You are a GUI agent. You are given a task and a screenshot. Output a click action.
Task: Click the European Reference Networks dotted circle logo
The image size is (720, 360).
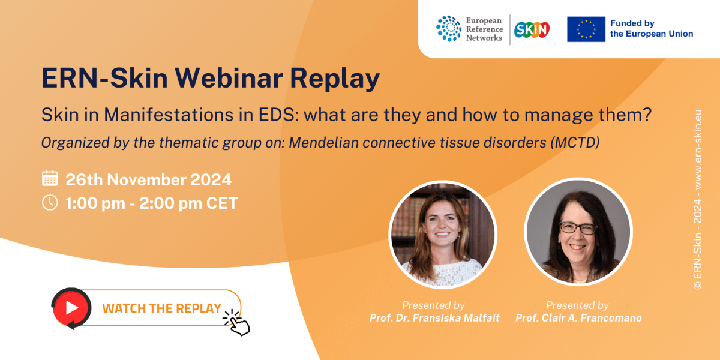point(449,29)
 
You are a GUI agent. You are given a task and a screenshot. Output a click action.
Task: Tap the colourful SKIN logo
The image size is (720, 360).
point(532,29)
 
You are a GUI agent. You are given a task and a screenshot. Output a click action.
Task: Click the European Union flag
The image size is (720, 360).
point(586,29)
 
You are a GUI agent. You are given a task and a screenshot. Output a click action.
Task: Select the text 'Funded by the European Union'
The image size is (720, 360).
point(651,29)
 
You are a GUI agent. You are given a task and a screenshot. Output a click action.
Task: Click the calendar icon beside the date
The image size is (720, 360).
point(50,179)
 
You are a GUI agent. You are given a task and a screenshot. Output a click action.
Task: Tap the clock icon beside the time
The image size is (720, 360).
point(50,203)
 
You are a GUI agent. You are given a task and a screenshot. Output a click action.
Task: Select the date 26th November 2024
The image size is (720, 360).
point(148,179)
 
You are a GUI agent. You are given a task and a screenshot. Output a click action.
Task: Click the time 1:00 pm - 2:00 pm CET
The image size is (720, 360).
point(152,203)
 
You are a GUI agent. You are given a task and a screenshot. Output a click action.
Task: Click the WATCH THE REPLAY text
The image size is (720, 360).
point(161,308)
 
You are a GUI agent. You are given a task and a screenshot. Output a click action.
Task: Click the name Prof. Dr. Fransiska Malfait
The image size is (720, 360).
point(433,318)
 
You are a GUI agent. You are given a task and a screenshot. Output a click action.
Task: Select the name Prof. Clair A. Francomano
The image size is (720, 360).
point(578,318)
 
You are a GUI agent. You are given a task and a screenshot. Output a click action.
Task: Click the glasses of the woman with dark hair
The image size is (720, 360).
point(577,228)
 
